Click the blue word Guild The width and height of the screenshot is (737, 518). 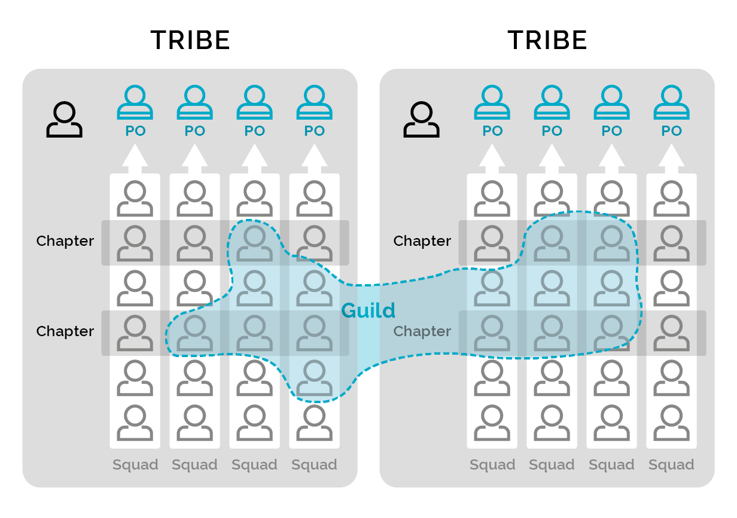point(368,311)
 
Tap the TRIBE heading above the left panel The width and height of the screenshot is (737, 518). point(190,41)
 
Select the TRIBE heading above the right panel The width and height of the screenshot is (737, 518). point(547,41)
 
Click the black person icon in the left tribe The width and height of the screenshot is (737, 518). point(64,120)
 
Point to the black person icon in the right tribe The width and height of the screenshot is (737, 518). point(421,120)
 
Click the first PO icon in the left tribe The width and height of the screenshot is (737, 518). point(135,103)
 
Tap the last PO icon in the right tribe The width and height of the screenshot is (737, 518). point(671,103)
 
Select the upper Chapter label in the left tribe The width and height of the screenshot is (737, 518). point(65,241)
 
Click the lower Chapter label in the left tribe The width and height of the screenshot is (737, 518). point(65,331)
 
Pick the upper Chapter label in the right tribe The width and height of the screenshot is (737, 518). point(422,241)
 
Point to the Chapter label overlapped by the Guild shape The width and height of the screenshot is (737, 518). point(422,331)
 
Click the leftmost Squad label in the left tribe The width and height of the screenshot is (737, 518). point(135,465)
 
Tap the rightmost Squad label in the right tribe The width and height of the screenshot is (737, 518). point(671,465)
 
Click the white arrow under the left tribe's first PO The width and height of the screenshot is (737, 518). point(135,158)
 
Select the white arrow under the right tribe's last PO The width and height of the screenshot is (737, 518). point(671,158)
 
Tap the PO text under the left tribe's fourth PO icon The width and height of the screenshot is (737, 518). point(315,131)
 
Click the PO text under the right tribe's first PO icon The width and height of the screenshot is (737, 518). point(492,131)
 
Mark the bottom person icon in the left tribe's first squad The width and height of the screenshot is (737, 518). point(135,423)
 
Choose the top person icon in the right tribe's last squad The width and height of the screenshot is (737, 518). point(671,199)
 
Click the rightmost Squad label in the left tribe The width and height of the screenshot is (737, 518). point(315,465)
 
